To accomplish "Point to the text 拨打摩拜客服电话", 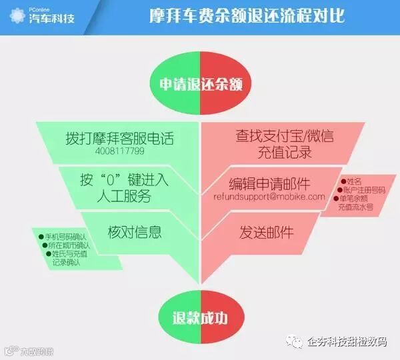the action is click(119, 137).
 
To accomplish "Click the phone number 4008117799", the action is click(119, 151).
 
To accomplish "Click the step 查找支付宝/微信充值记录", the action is click(284, 144).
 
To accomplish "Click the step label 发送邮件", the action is click(266, 231).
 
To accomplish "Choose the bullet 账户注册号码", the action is click(363, 189).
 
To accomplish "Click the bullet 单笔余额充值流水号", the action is click(361, 203).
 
